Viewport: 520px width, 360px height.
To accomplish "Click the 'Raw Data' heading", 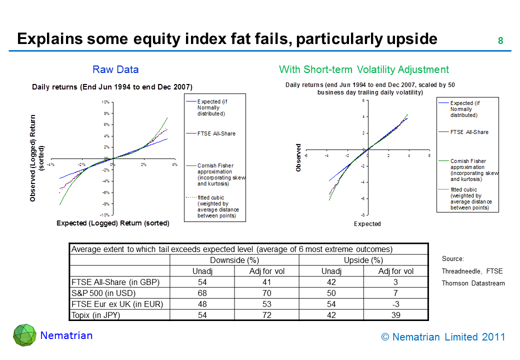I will tap(115, 69).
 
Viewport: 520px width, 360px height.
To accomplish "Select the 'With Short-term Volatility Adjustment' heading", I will tap(364, 69).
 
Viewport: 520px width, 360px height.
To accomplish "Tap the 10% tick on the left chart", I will tap(105, 102).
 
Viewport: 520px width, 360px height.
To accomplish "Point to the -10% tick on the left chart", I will tap(104, 214).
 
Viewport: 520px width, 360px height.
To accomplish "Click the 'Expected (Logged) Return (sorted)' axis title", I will tap(113, 223).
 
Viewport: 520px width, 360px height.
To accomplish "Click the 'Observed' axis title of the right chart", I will tap(299, 158).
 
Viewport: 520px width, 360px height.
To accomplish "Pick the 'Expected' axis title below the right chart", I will tap(367, 224).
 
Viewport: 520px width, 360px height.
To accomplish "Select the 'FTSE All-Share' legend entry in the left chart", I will tap(216, 133).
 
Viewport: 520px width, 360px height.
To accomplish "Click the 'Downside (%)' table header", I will tap(234, 260).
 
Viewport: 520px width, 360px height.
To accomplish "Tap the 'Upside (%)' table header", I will tap(363, 260).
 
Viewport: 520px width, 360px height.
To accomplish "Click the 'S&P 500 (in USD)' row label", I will tap(104, 293).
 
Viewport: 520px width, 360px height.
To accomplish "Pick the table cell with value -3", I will tap(395, 304).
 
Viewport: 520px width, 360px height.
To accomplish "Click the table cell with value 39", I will tap(395, 315).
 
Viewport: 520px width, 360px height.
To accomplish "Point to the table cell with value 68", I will tap(202, 293).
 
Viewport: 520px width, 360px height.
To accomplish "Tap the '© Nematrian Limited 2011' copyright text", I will tap(443, 337).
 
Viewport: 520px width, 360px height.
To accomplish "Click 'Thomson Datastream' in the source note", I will tap(473, 283).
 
